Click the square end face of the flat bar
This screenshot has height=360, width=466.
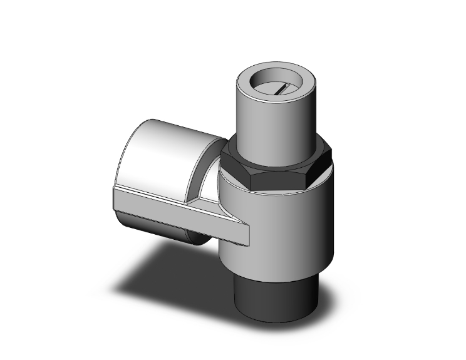(x=244, y=235)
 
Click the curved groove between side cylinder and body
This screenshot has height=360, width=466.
(x=210, y=182)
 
